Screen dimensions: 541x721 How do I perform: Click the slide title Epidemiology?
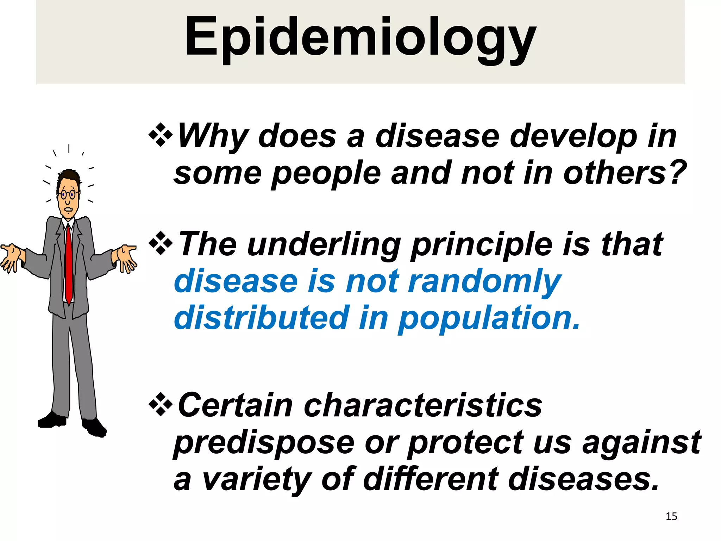[x=360, y=37]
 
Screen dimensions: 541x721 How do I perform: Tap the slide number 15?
[x=671, y=516]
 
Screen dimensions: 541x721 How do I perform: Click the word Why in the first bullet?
[x=213, y=136]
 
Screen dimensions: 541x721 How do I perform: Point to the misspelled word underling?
[x=324, y=245]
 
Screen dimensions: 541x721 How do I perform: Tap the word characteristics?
[x=422, y=406]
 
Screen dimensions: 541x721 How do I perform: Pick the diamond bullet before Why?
[x=161, y=135]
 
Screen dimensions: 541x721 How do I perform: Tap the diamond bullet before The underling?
[x=161, y=243]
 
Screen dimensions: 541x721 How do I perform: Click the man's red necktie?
[x=69, y=264]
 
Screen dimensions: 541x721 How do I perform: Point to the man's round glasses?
[x=68, y=194]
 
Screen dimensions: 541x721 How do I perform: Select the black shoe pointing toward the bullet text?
[x=94, y=428]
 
